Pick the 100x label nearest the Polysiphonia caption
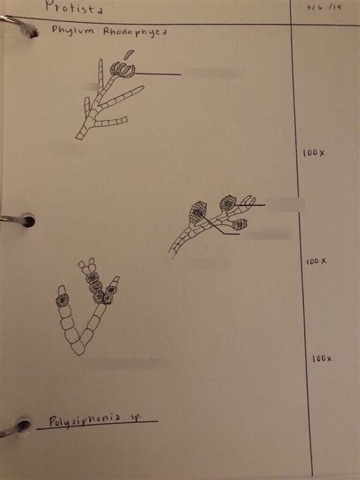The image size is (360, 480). click(322, 358)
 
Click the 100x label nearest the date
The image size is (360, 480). click(313, 153)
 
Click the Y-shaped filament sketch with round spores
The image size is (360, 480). click(85, 307)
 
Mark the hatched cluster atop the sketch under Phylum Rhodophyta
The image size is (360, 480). click(122, 69)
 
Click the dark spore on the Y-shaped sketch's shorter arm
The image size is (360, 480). click(62, 298)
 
